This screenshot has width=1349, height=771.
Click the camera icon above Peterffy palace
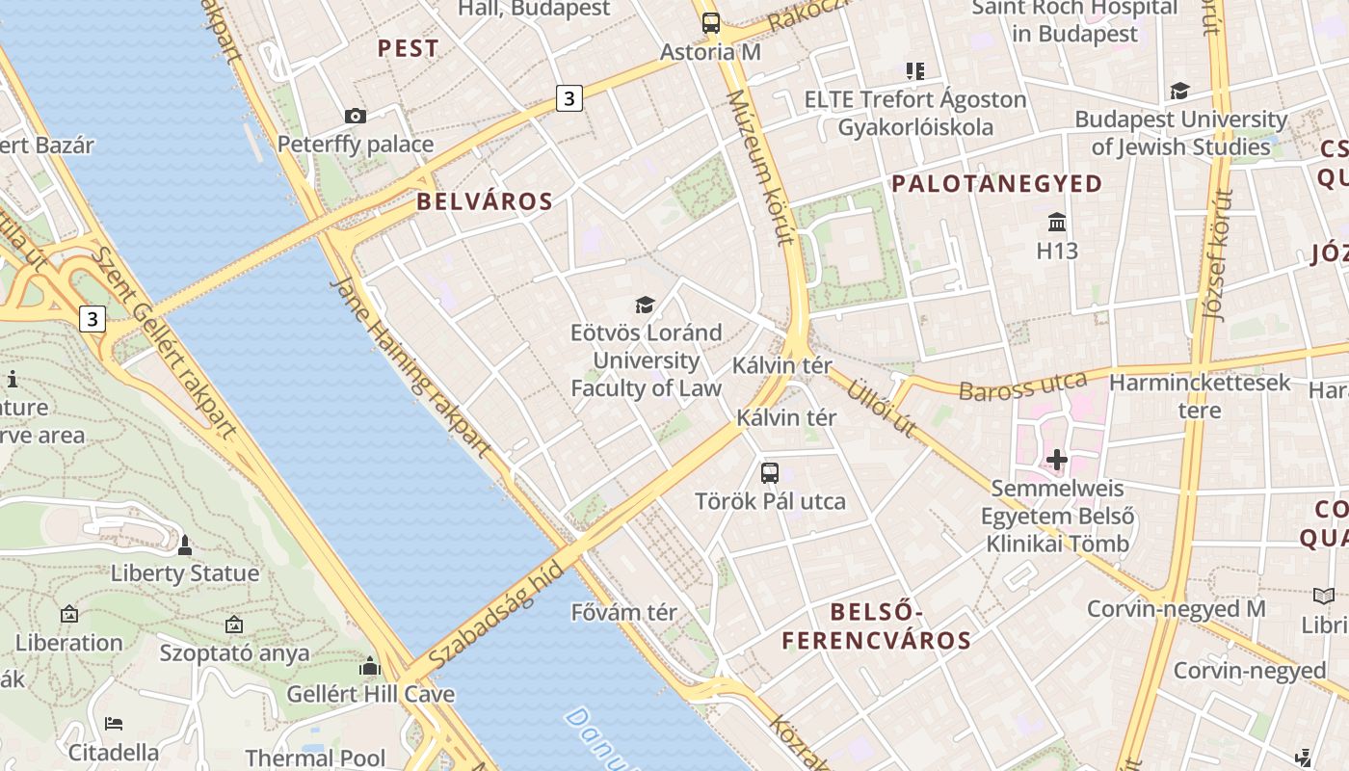click(x=356, y=117)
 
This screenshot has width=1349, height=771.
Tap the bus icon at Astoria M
click(x=711, y=23)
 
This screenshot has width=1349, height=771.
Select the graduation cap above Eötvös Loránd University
click(x=645, y=306)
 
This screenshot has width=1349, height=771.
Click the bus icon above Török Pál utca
click(x=769, y=473)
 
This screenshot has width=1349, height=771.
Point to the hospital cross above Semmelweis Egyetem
click(x=1057, y=460)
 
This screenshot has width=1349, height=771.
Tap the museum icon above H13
click(x=1057, y=223)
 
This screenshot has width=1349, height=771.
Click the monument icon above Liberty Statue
click(x=185, y=545)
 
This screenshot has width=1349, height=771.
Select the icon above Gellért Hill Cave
click(x=370, y=666)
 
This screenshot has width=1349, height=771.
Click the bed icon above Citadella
click(x=114, y=723)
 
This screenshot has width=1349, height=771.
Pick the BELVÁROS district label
click(x=485, y=201)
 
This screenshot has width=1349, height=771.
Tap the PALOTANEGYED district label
click(x=996, y=184)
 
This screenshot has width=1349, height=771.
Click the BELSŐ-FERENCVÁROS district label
click(x=876, y=625)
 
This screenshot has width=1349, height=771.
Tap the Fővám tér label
click(x=623, y=612)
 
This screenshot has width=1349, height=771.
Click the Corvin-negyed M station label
click(x=1176, y=609)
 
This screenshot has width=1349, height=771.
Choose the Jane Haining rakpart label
click(x=410, y=367)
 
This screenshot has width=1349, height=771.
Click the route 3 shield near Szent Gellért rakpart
click(x=92, y=319)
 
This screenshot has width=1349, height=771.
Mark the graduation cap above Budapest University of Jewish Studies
click(x=1179, y=92)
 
